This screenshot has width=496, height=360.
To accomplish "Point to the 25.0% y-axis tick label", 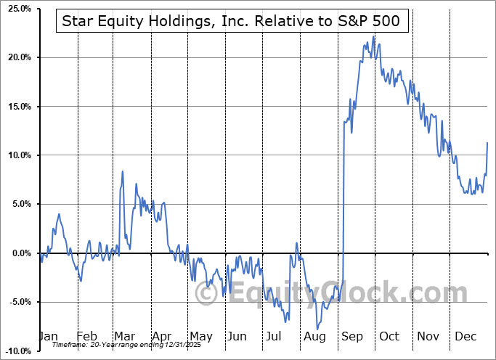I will (17, 9).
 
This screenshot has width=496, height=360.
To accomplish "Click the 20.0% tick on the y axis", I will (17, 57).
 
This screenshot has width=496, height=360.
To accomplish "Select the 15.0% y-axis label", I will (17, 107).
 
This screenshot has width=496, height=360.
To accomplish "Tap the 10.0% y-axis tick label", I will (17, 155).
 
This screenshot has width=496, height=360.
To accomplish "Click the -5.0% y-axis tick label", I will (17, 302).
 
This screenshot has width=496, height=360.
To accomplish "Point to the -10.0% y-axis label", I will (15, 351).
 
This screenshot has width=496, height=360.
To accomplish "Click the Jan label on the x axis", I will (47, 337).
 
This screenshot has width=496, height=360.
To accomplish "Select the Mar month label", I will (125, 337).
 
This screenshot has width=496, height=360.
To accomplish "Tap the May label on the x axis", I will (200, 337).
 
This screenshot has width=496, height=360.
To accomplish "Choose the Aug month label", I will (315, 337).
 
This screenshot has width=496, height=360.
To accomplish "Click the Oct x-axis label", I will (390, 337).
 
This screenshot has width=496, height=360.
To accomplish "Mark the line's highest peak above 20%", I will (374, 36).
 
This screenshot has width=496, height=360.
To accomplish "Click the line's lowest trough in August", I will (317, 329).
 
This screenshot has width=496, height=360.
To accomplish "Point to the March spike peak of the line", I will (123, 171).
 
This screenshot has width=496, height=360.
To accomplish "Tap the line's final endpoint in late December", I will (487, 143).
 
